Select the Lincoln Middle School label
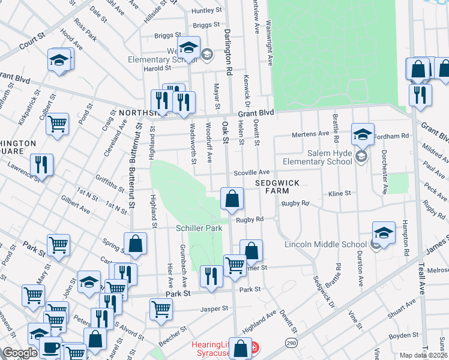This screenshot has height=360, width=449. pos(334,244)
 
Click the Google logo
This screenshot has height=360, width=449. pos(19,353)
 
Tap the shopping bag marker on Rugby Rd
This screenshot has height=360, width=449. pos(232,199)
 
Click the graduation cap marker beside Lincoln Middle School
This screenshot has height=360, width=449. pos(384,233)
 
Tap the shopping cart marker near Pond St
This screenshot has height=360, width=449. pos(58,124)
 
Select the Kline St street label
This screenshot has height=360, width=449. pos(339,194)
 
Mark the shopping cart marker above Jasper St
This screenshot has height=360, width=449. pos(161,309)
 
